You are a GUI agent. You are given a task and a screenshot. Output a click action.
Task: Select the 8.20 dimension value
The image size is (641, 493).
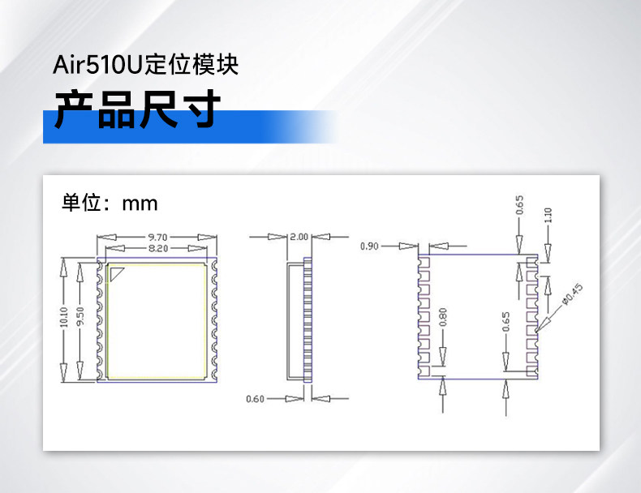(157, 248)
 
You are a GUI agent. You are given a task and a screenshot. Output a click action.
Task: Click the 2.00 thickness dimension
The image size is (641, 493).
(299, 237)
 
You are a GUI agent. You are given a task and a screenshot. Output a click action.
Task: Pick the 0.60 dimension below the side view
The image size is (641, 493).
(255, 398)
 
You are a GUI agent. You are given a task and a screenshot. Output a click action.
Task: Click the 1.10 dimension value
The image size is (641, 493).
(548, 216)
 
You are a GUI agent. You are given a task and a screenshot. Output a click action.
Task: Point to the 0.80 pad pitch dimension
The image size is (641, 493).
(442, 316)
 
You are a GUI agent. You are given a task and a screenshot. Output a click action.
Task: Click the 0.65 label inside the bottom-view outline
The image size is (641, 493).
(506, 322)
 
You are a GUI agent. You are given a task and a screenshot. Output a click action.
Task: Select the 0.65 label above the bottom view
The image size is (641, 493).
(519, 205)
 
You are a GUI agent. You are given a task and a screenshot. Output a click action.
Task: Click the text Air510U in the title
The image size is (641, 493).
(97, 64)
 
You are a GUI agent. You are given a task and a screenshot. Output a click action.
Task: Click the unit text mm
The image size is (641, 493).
(140, 202)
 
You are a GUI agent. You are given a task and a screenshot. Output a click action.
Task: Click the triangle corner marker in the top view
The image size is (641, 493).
(117, 273)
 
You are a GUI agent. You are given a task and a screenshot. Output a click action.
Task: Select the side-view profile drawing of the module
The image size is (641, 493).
(299, 320)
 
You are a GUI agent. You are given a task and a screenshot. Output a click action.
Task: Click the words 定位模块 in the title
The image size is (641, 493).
(191, 64)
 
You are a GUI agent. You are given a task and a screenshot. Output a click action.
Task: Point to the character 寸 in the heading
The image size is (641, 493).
(200, 111)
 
